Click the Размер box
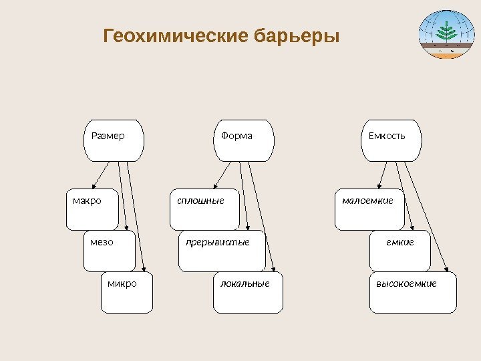[114, 140]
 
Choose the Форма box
[245, 140]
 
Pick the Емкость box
[391, 140]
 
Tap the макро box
[94, 210]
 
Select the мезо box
[110, 251]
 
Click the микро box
[126, 292]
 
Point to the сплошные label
[200, 200]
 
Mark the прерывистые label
[218, 241]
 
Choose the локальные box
[248, 292]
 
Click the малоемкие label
[367, 200]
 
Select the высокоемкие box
[413, 292]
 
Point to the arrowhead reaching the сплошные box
[214, 189]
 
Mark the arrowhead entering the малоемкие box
[379, 189]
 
